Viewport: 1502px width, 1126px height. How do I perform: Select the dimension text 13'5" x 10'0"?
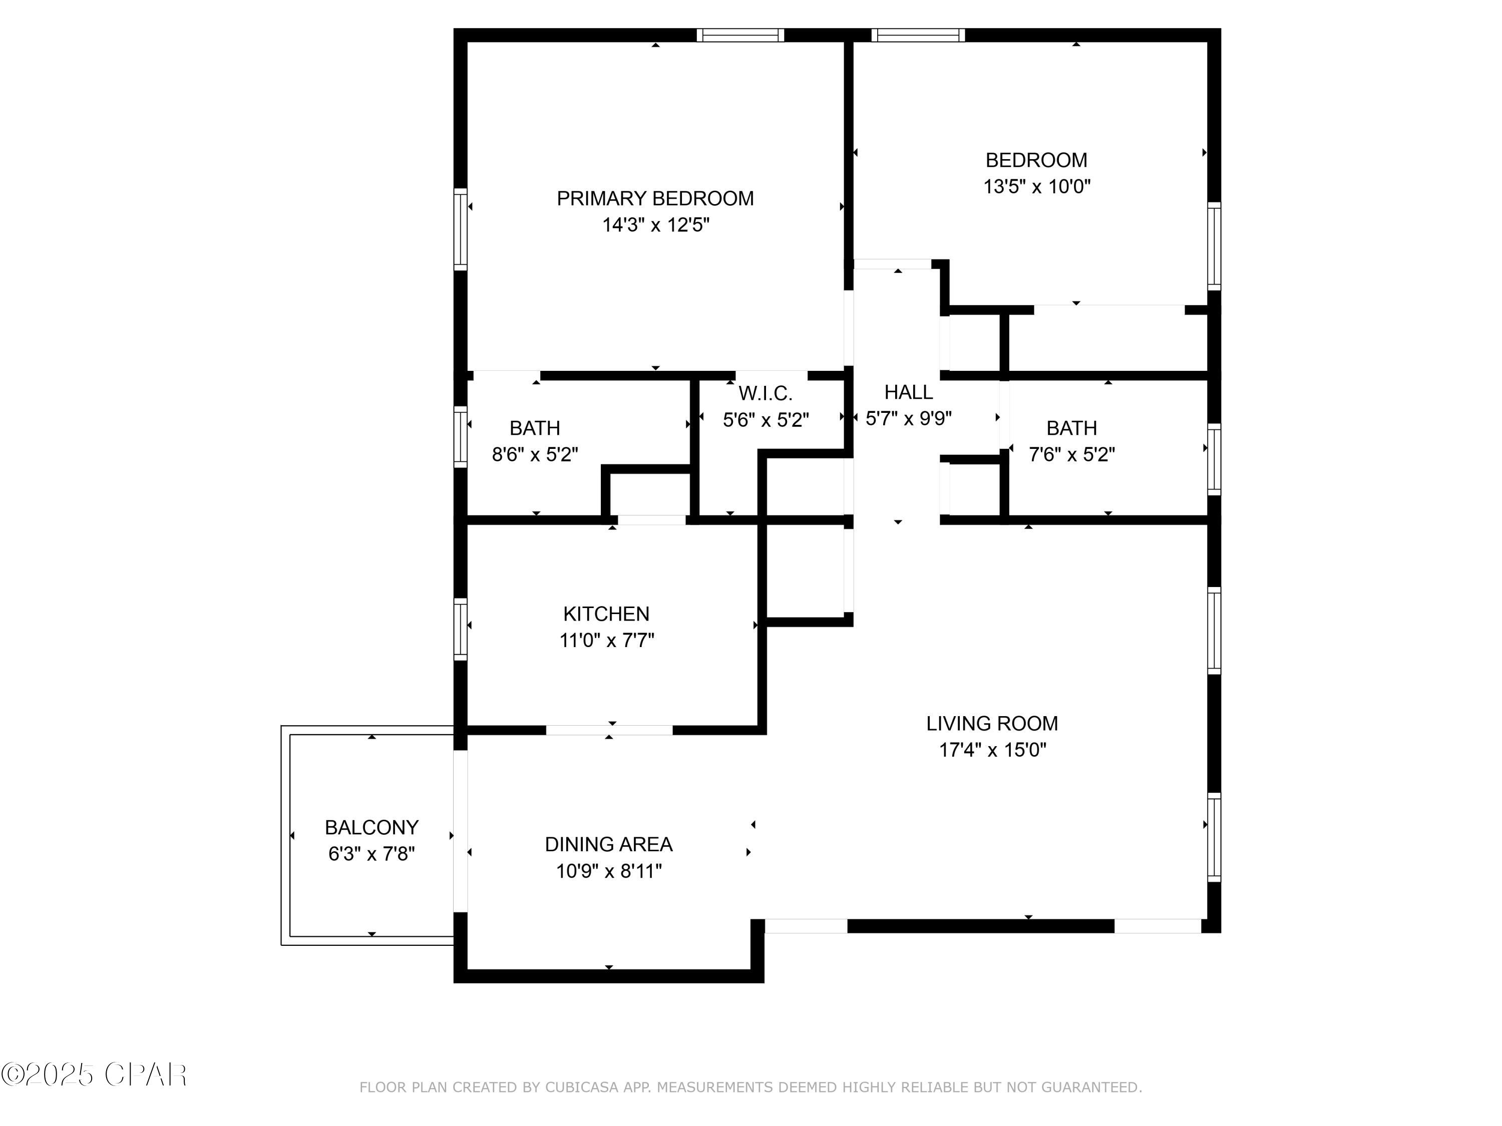1036,187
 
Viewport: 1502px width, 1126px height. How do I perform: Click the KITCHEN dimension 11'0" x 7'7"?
606,640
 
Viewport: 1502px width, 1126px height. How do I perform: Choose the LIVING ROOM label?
991,724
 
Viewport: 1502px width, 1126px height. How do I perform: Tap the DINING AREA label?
608,844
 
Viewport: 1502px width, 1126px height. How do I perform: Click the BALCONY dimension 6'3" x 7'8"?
371,854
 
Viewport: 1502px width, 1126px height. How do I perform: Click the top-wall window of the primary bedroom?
740,36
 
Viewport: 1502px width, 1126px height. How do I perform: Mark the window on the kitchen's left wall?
461,629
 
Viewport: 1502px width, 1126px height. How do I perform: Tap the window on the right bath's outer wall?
1214,459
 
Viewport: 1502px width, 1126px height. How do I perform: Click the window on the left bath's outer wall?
461,436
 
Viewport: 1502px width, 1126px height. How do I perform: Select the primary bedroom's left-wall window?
461,229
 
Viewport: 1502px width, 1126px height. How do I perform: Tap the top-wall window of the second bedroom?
918,36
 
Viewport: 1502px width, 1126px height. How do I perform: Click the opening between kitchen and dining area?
609,730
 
